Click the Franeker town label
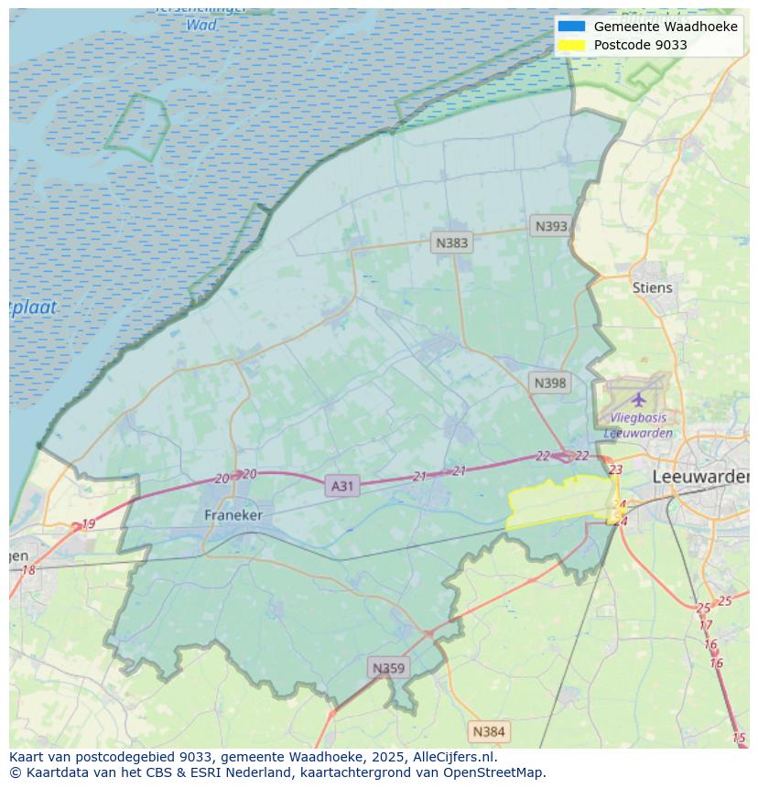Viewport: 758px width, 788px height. tap(233, 515)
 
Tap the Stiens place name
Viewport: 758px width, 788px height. tap(652, 287)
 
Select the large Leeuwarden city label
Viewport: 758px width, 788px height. tap(700, 477)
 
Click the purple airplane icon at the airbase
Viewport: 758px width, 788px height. tap(638, 399)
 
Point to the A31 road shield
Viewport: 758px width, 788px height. tap(341, 486)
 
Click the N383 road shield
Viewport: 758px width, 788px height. tap(451, 243)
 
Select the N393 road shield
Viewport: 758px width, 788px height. tap(551, 226)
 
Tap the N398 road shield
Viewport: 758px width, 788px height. tap(549, 383)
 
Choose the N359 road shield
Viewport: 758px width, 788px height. tap(387, 668)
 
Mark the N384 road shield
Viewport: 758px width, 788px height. tap(488, 731)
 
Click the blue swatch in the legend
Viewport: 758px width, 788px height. tap(571, 27)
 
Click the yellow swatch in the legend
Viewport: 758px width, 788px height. tap(571, 45)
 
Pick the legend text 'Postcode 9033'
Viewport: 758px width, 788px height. tap(640, 45)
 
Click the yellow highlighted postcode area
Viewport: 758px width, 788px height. tap(558, 501)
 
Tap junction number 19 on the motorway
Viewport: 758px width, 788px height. tap(88, 524)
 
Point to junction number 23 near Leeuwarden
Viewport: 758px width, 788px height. tap(615, 470)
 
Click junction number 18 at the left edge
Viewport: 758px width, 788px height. tap(28, 570)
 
